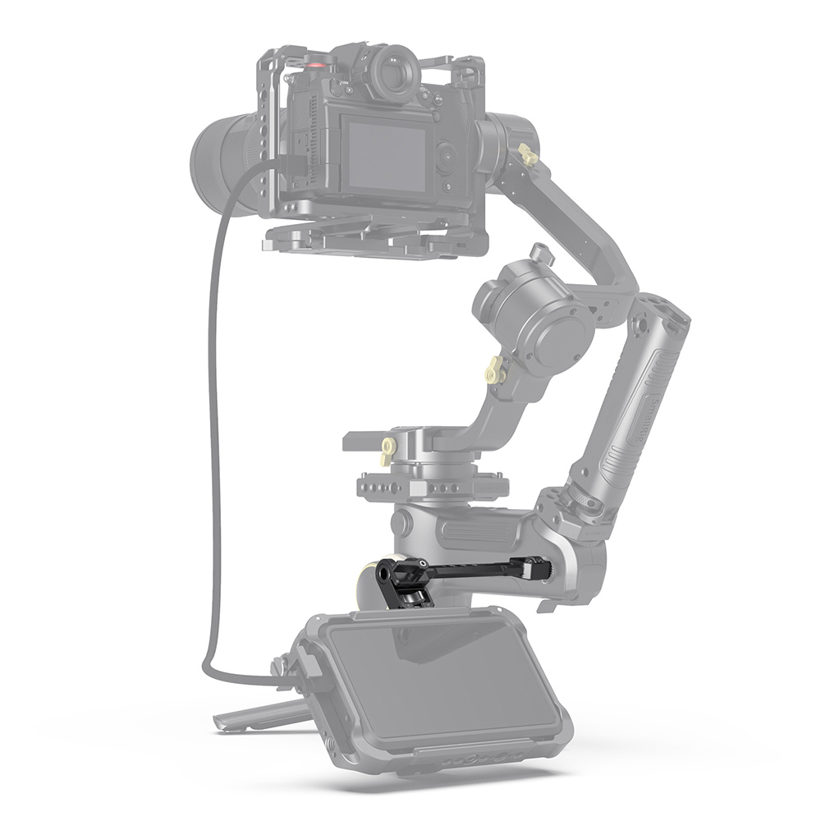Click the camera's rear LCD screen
pyautogui.click(x=386, y=156)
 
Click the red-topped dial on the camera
pyautogui.click(x=315, y=61)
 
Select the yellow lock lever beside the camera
pyautogui.click(x=528, y=154)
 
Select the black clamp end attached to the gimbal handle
pyautogui.click(x=538, y=566)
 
